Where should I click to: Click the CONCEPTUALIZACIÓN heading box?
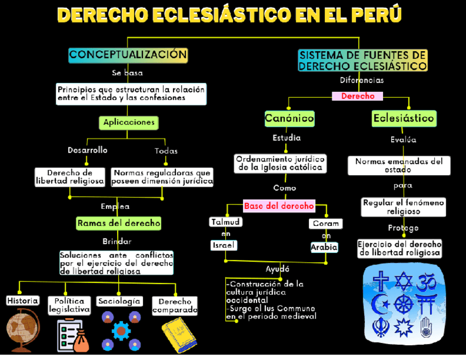coord(128,54)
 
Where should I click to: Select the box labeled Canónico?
coord(289,118)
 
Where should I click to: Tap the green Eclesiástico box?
coord(403,118)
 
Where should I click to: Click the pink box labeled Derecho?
coord(358,96)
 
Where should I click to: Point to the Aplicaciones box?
coord(129,123)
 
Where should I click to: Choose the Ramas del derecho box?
coord(119,223)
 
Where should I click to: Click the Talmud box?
coord(225,222)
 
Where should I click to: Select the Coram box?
coord(325,224)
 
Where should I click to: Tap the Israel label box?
coord(223,246)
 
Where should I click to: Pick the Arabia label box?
coord(324,248)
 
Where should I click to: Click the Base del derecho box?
coord(279,206)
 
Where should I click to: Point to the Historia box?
coord(23,301)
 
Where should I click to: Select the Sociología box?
coord(119,301)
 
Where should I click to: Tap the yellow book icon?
coord(179,333)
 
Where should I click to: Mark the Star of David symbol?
coord(404,281)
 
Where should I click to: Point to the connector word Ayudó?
coord(277,269)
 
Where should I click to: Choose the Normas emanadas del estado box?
coord(398,165)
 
